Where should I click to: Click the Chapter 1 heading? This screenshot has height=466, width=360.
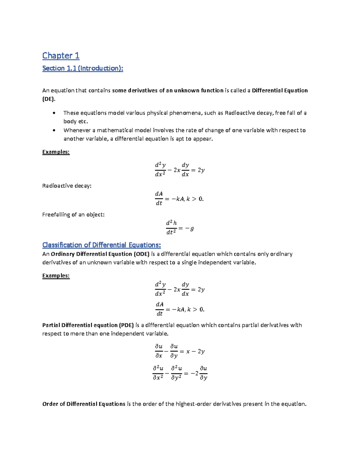(x=61, y=56)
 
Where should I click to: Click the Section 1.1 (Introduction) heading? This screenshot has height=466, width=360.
(x=82, y=68)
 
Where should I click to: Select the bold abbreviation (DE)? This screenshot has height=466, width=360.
(x=49, y=99)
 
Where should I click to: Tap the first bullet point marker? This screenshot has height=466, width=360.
(x=54, y=113)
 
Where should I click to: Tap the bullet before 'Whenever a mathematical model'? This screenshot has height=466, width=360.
(x=54, y=131)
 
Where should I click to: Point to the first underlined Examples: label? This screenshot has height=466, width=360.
(x=56, y=152)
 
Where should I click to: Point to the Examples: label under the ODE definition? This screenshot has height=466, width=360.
(x=56, y=275)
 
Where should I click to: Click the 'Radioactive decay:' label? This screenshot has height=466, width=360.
(x=67, y=186)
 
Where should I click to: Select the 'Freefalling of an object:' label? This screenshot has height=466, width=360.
(x=73, y=215)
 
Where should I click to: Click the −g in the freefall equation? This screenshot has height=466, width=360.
(x=190, y=228)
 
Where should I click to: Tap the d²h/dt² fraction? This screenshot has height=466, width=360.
(x=171, y=227)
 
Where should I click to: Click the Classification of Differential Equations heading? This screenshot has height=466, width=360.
(x=101, y=245)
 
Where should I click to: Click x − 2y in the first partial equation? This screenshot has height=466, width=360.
(x=195, y=351)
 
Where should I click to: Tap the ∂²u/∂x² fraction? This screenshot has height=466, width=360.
(x=158, y=373)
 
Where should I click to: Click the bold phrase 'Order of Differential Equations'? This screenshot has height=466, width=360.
(x=84, y=404)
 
